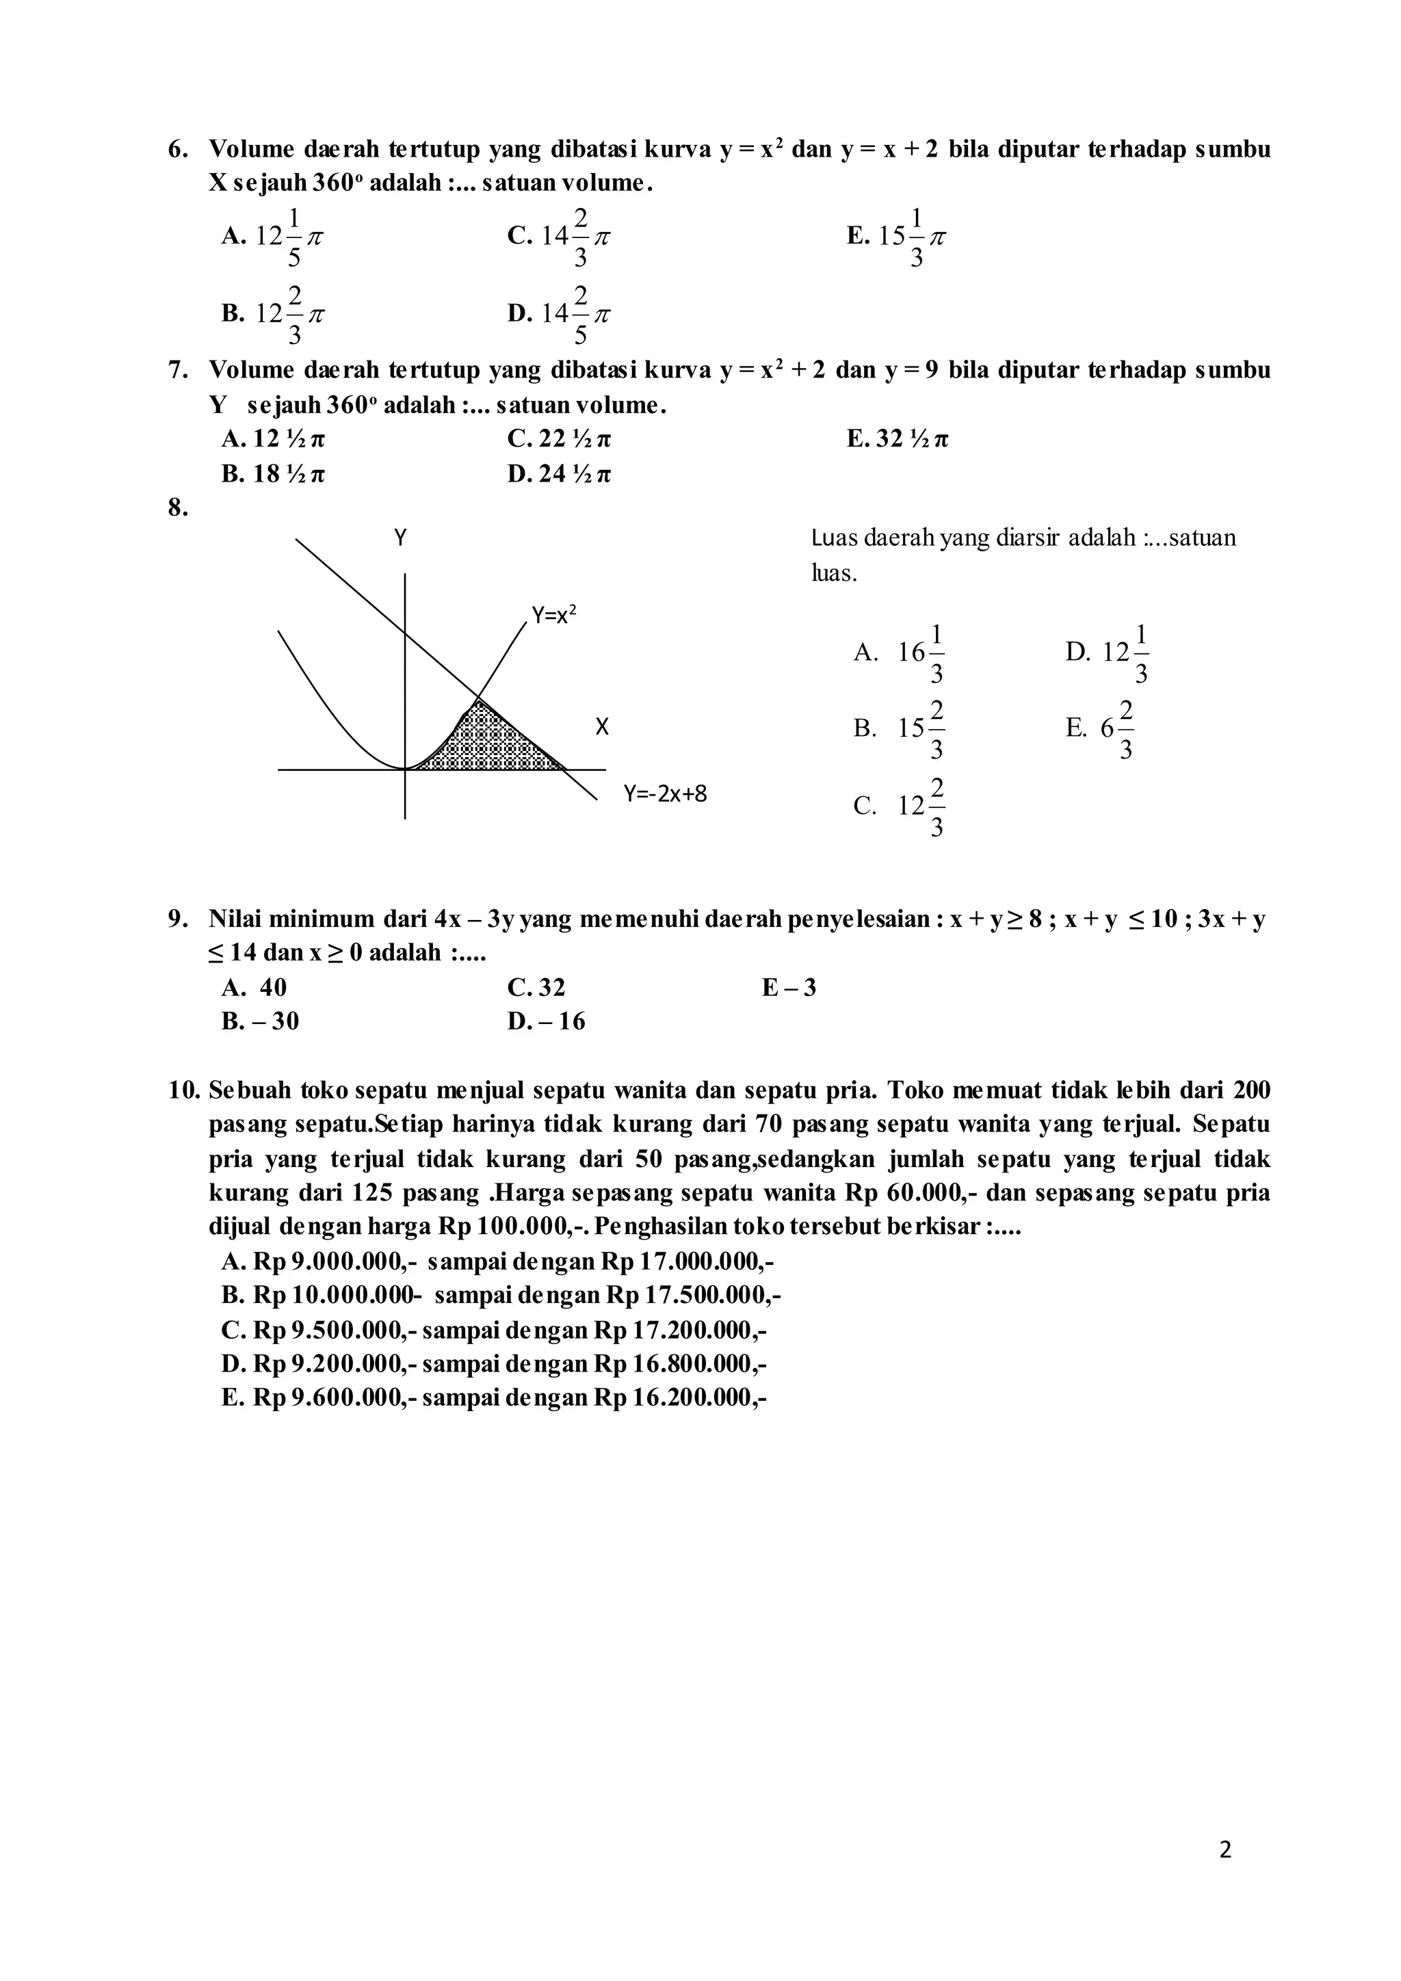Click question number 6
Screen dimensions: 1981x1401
tap(178, 150)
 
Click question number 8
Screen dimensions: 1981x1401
tap(178, 508)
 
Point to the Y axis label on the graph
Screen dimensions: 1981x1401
tap(400, 538)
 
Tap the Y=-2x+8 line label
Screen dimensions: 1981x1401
tap(665, 793)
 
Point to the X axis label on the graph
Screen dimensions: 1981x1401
tap(602, 727)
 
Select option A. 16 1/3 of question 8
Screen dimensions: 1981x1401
tap(900, 653)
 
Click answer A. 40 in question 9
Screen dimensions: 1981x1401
tap(254, 987)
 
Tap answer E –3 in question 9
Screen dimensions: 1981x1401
tap(789, 987)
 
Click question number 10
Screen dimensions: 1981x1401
tap(185, 1090)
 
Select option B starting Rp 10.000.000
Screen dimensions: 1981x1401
tap(500, 1295)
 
